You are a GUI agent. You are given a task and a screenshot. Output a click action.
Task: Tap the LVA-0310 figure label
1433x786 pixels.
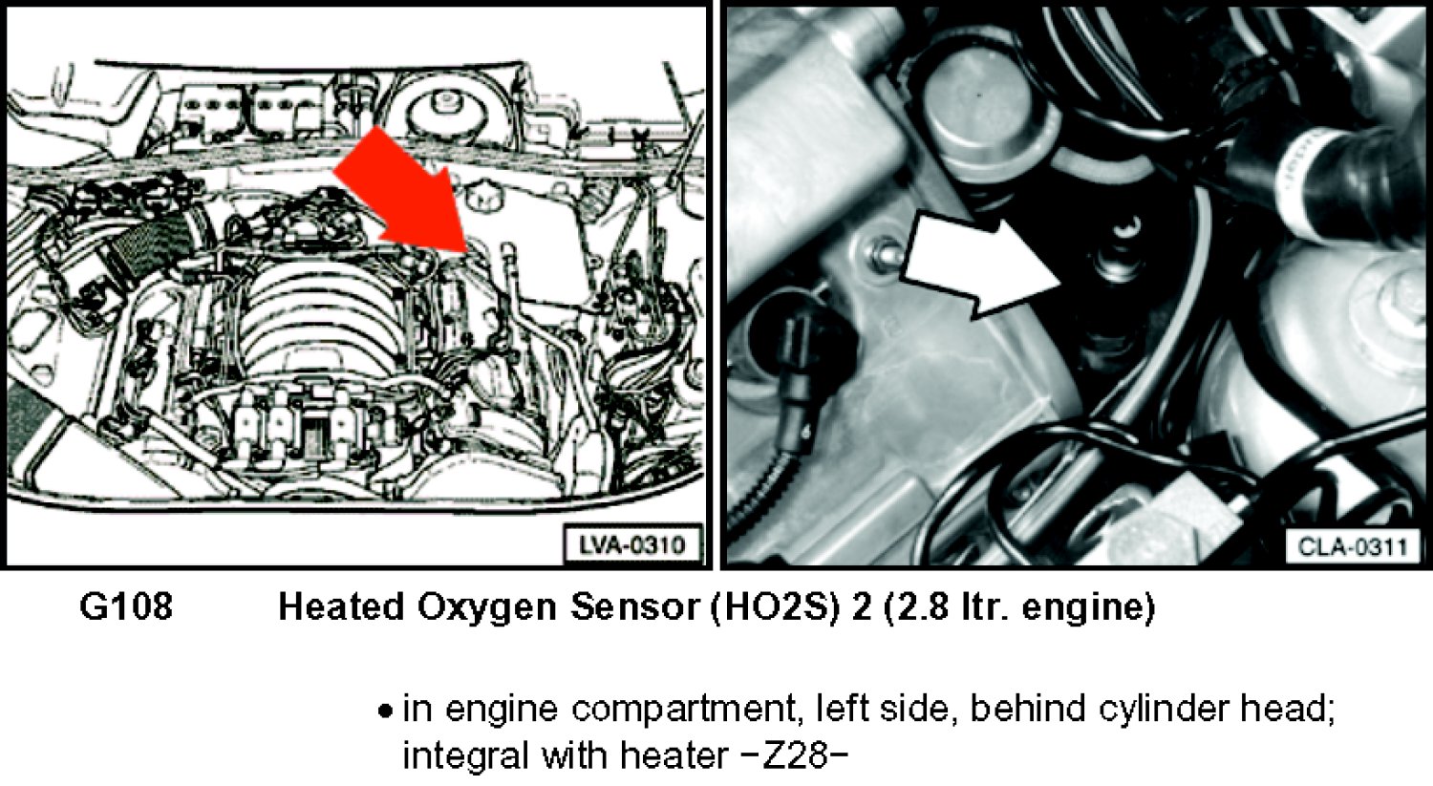632,545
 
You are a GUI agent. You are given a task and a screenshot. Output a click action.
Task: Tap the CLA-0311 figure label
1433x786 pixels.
1352,547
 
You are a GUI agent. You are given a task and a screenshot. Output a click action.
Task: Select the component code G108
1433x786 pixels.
126,605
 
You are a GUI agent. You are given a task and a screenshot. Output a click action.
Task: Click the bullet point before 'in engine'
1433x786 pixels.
384,711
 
